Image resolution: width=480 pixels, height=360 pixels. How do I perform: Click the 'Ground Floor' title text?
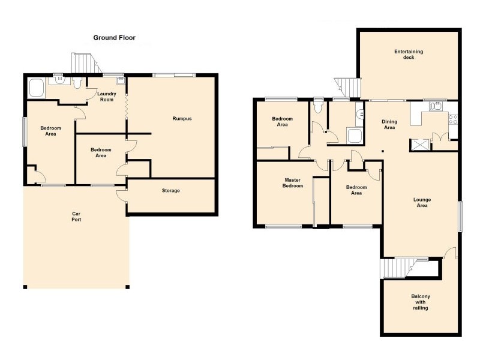tap(114, 38)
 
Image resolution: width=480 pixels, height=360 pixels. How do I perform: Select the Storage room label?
tap(171, 191)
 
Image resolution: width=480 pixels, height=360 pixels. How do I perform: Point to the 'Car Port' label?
tap(76, 217)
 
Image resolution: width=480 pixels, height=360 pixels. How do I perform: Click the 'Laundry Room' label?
tap(107, 96)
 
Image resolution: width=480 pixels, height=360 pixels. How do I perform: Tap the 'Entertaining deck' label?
tap(409, 55)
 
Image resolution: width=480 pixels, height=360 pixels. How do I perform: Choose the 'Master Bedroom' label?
tap(294, 182)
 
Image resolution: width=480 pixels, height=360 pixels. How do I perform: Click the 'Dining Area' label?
tap(389, 125)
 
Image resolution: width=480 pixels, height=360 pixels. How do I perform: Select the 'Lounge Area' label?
tap(422, 203)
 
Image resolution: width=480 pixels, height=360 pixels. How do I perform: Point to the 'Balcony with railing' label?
tap(420, 302)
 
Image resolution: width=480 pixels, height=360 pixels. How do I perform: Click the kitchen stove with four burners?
tap(454, 119)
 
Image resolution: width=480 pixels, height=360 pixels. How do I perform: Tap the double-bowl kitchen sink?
tap(437, 106)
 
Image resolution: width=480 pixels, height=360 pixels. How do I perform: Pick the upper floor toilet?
tap(318, 107)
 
